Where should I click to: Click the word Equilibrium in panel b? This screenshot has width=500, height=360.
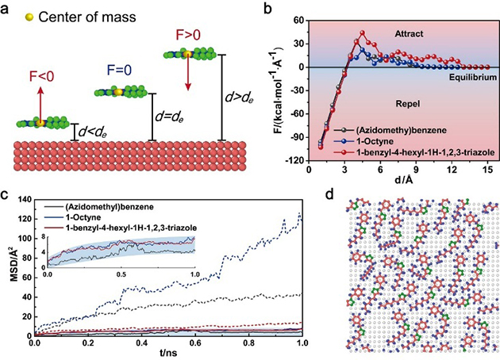point(466,78)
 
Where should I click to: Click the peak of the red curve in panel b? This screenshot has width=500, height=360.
point(362,33)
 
